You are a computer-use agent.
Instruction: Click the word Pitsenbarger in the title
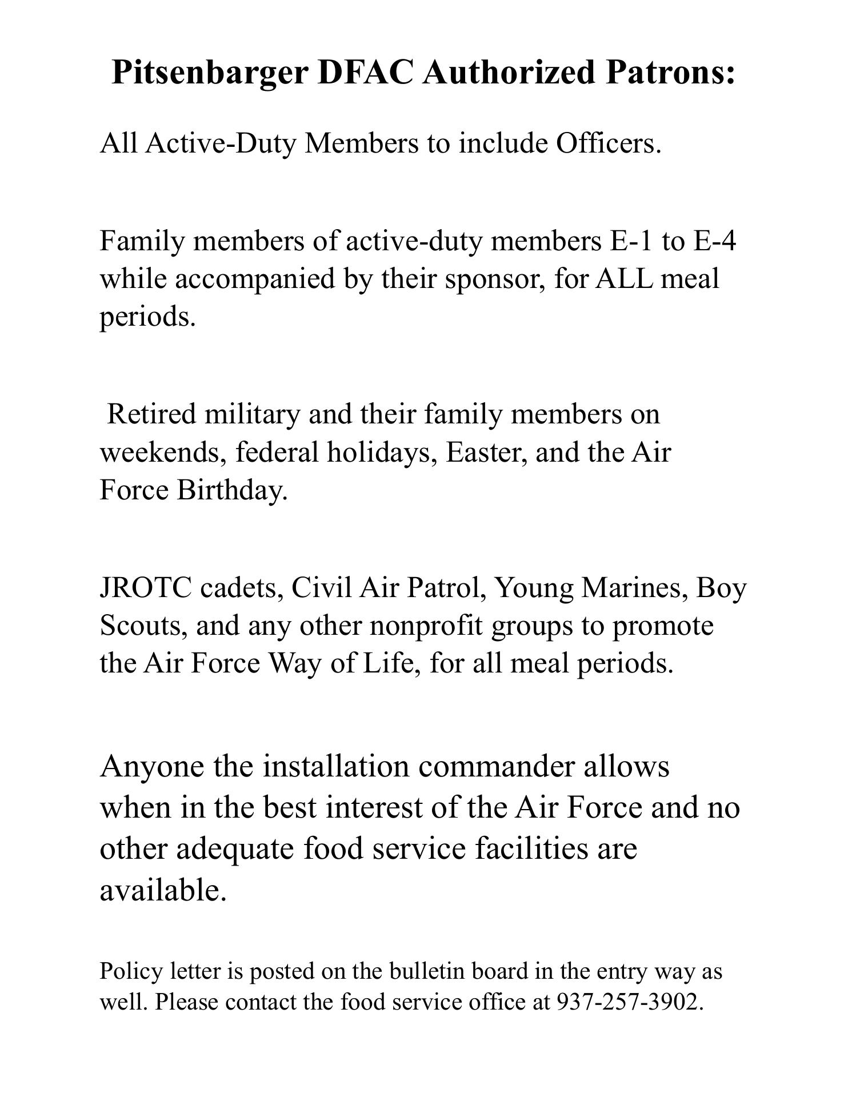click(209, 73)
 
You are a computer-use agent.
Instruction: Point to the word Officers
click(609, 143)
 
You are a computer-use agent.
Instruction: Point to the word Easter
click(486, 452)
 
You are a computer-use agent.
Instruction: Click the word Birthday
click(232, 490)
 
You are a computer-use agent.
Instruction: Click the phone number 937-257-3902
click(629, 1002)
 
